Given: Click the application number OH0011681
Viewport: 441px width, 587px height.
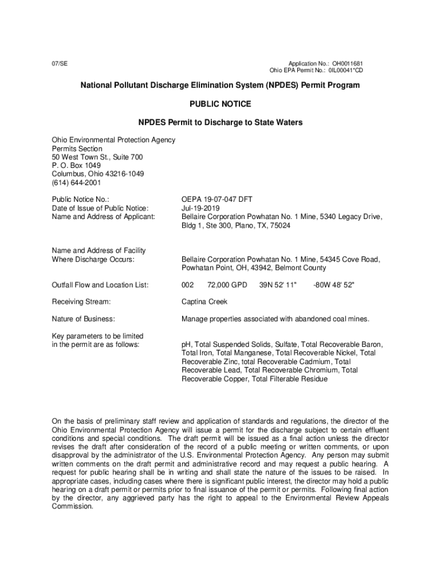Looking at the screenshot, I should coord(344,63).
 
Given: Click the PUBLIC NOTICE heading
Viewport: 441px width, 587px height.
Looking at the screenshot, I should coord(220,104).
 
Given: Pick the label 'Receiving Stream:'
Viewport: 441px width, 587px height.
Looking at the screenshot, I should coord(81,302).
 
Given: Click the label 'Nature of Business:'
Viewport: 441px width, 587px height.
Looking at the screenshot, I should coord(83,319).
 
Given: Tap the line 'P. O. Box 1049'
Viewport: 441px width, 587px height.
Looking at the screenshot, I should coord(76,166).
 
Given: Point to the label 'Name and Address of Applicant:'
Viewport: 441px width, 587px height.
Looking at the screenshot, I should coord(103,217).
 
